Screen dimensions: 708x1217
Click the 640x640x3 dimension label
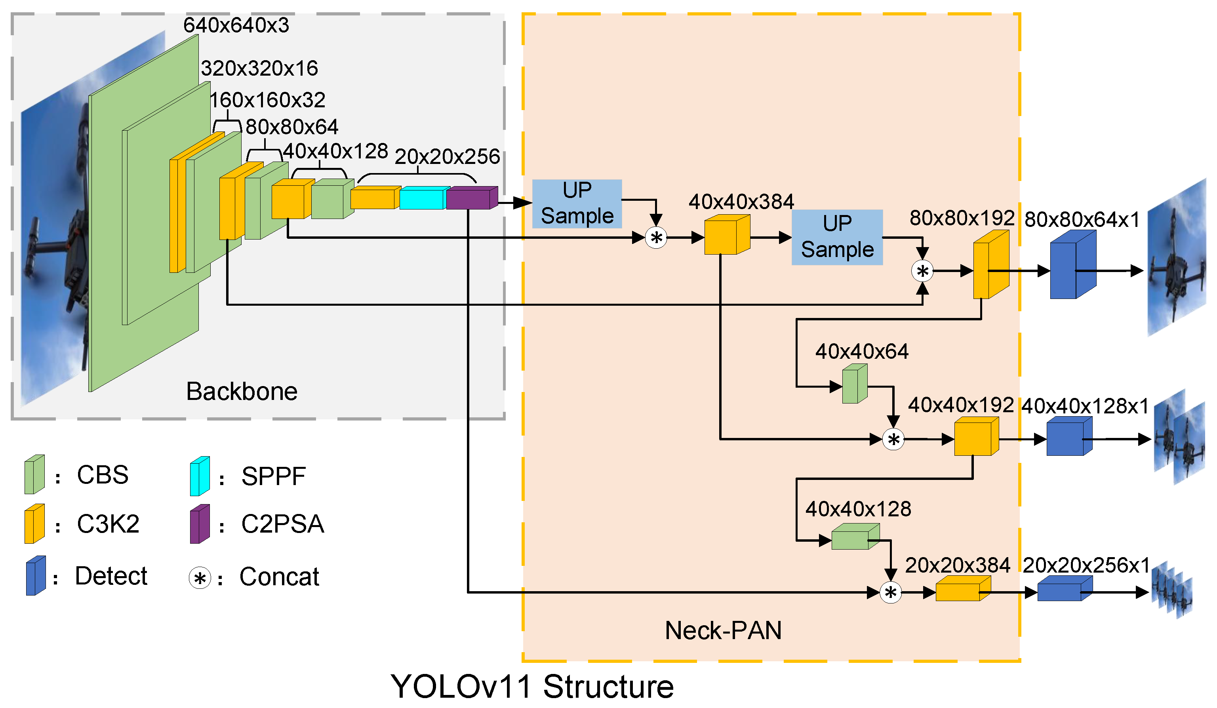236,25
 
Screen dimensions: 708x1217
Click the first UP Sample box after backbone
577,203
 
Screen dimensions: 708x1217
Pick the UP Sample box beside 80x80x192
837,237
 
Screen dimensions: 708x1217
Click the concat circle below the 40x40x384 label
656,238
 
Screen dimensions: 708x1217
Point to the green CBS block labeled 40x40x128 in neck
854,537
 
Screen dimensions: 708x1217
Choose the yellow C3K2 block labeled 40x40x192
975,437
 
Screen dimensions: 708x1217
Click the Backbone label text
242,391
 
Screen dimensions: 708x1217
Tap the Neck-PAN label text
723,630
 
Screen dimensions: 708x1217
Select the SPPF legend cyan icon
200,476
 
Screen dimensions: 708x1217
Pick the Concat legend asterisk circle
200,578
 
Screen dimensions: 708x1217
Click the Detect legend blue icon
36,576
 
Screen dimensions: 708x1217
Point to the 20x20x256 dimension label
447,156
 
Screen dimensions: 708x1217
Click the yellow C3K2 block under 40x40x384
726,235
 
